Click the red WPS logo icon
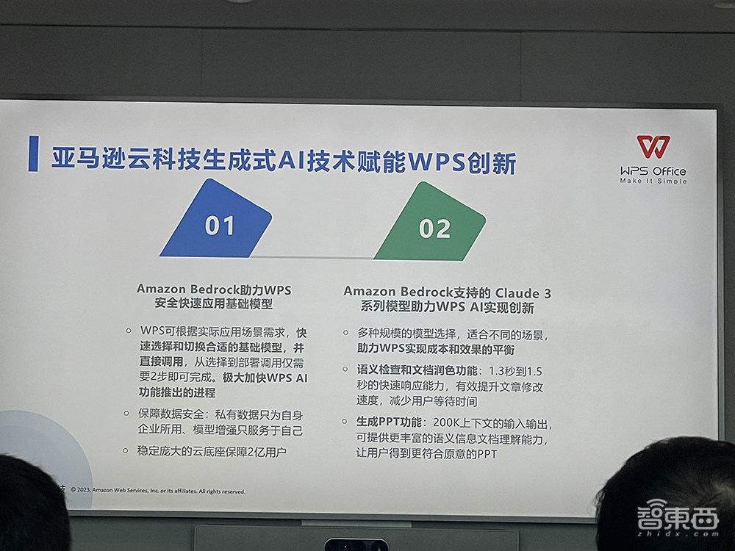point(653,147)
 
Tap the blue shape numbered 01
point(217,224)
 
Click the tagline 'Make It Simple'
point(653,181)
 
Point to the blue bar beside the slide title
point(32,153)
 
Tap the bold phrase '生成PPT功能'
point(390,425)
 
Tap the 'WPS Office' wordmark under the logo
point(653,170)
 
